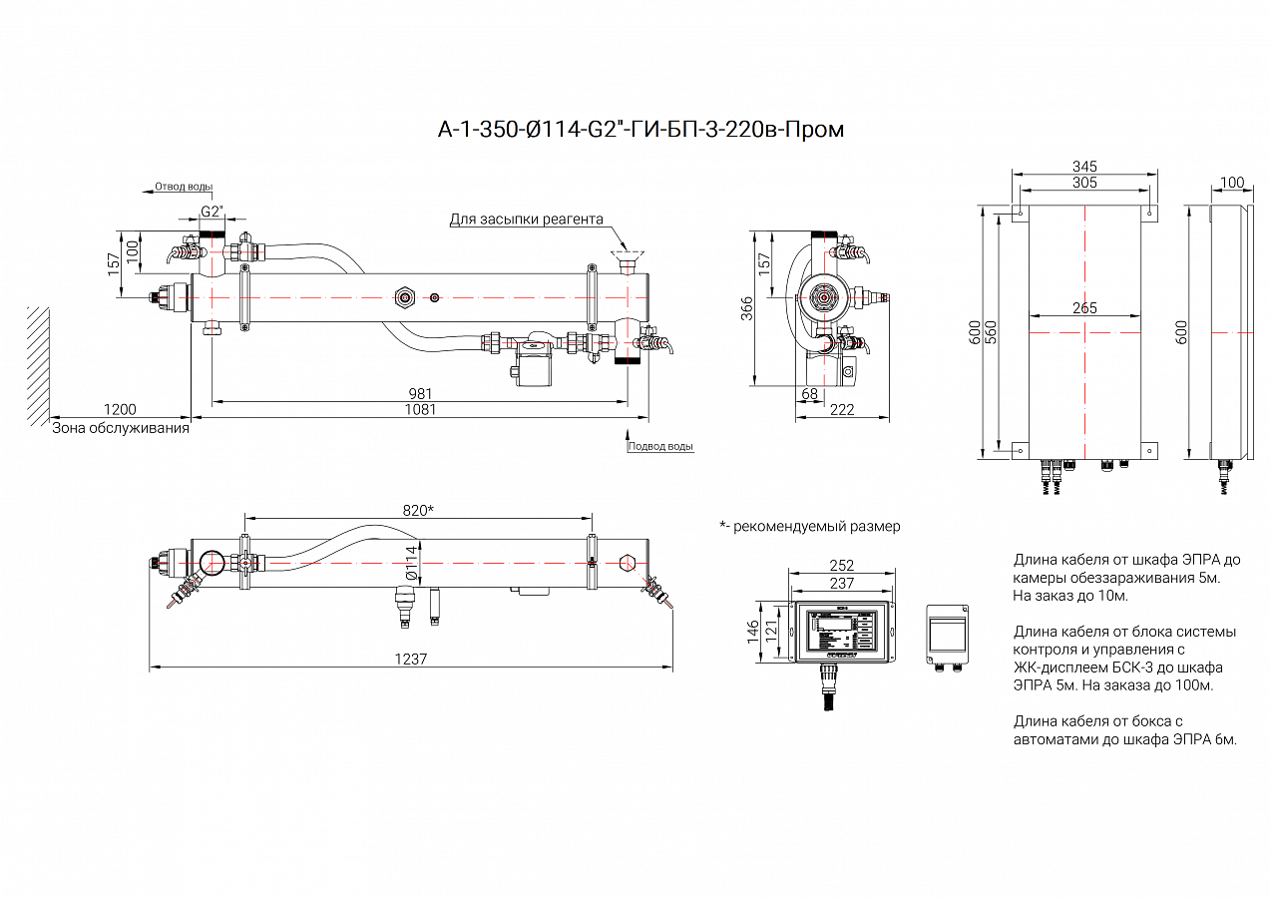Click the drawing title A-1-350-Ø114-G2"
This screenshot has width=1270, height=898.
coord(641,130)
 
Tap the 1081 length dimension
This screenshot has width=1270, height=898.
coord(421,409)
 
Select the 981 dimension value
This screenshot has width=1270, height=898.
coord(421,393)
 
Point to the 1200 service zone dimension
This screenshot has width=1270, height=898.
coord(119,409)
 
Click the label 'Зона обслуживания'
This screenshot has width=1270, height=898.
coord(121,428)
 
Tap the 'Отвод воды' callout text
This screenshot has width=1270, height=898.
coord(184,187)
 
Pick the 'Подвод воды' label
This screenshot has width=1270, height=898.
coord(660,446)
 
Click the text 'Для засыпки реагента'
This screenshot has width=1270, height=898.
coord(526,220)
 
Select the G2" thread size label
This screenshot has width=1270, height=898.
coord(212,212)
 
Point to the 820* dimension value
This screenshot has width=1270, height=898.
coord(418,510)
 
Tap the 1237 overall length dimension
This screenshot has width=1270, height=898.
coord(410,659)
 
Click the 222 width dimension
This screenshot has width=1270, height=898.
coord(842,409)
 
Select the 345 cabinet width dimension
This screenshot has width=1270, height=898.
coord(1084,166)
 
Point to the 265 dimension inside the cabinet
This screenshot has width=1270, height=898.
coord(1084,308)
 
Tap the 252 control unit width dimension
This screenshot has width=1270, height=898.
coord(842,566)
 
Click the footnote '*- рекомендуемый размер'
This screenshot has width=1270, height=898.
coord(809,526)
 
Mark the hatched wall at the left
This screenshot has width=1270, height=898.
coord(38,364)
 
